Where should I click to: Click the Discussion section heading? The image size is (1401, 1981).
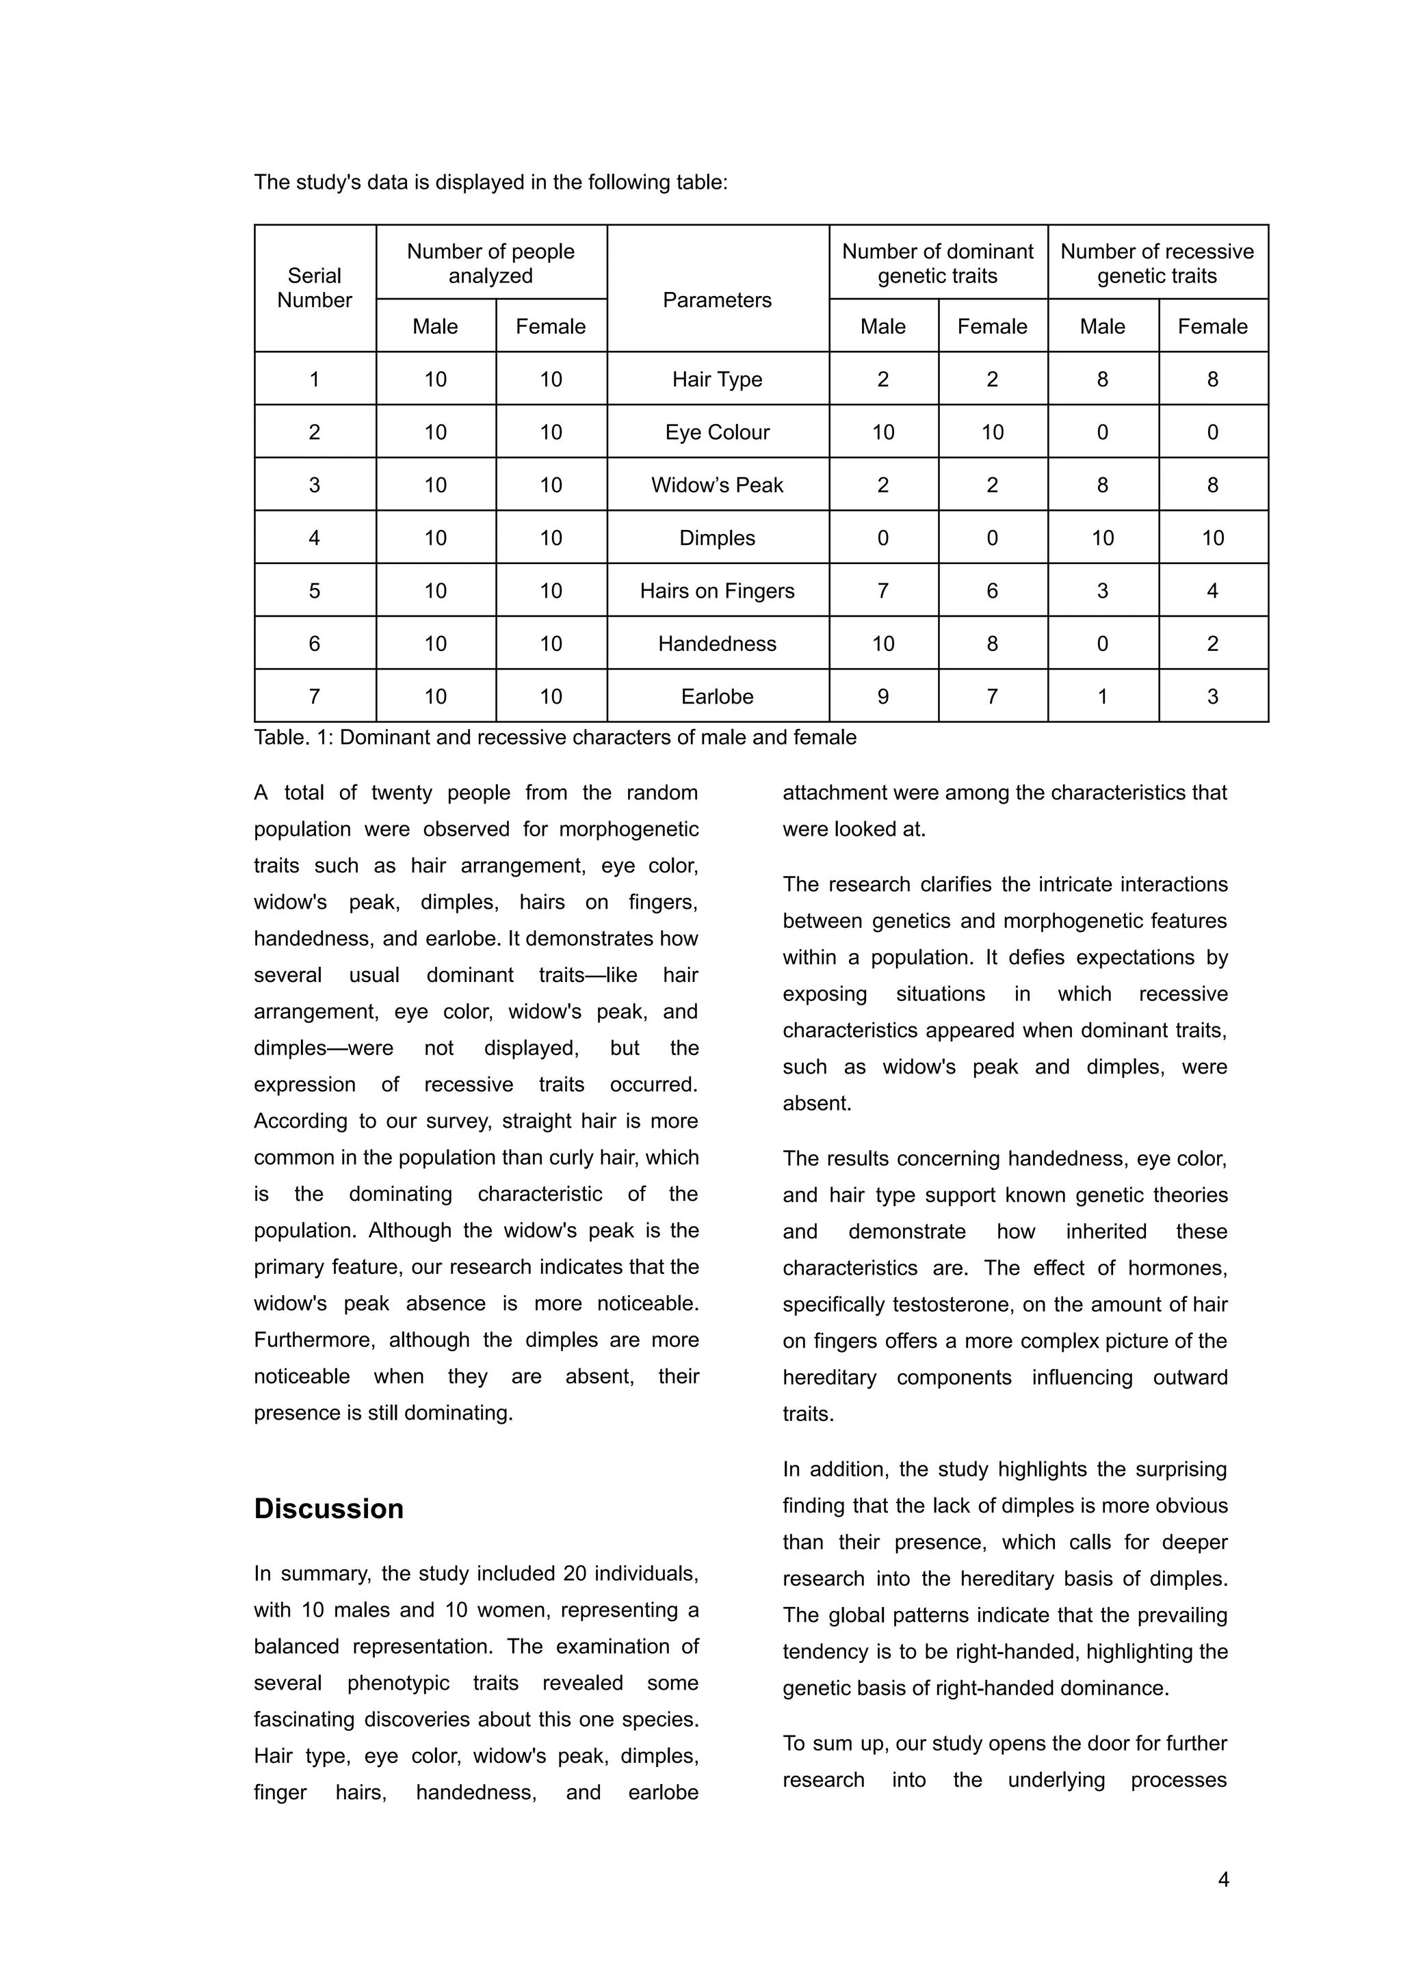tap(328, 1508)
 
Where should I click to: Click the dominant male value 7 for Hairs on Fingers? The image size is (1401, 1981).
tap(882, 591)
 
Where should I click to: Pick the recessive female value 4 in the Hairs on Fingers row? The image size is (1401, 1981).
tap(1212, 591)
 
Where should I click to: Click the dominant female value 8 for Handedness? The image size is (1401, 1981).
tap(992, 643)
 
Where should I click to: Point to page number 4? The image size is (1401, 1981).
tap(1222, 1879)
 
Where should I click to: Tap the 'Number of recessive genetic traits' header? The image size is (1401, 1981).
tap(1157, 263)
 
